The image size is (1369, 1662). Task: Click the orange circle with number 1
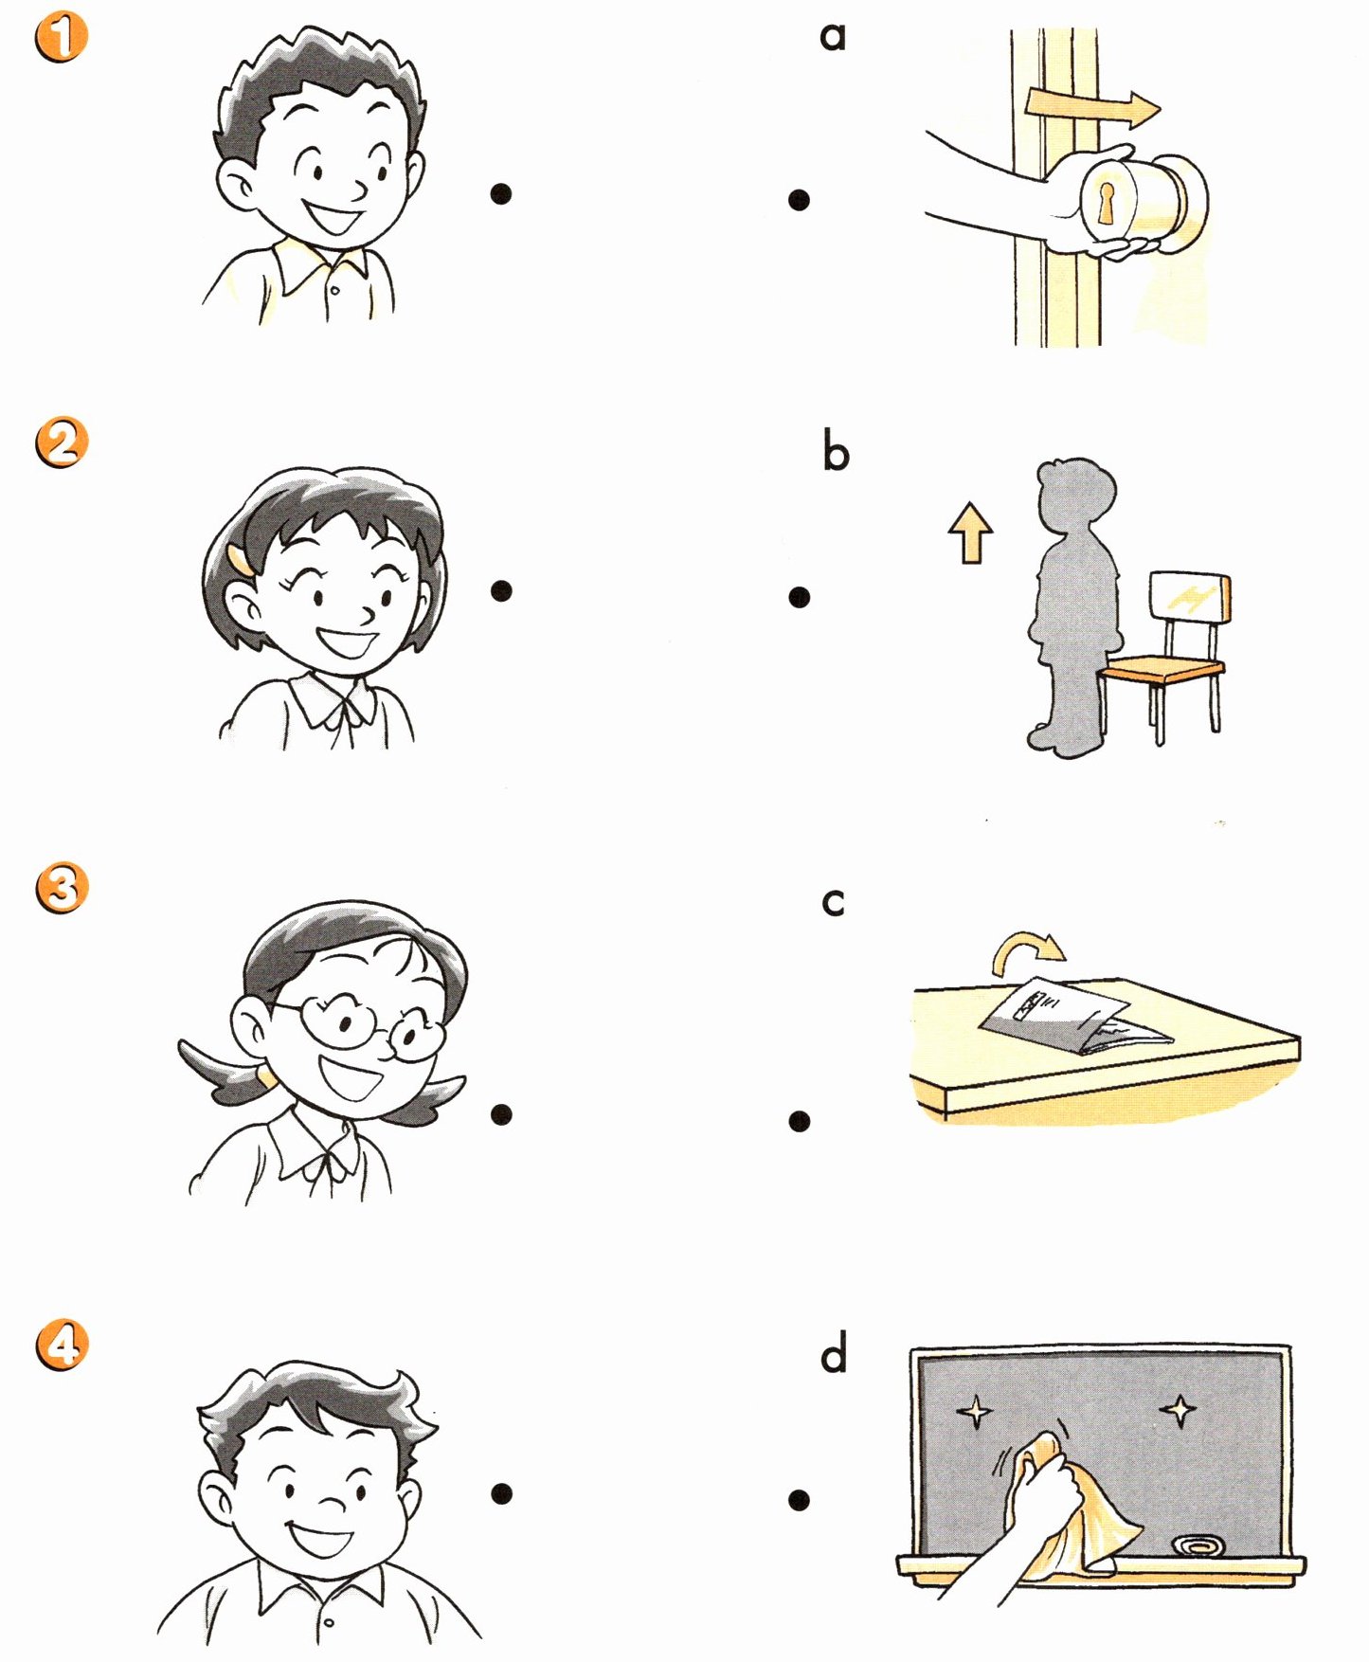tap(62, 38)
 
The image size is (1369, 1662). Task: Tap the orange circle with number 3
tap(62, 888)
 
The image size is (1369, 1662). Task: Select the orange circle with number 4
tap(62, 1345)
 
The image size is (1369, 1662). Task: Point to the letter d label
tap(834, 1353)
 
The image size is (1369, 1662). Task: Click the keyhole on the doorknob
tap(1106, 203)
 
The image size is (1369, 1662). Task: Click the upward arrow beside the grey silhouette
tap(971, 533)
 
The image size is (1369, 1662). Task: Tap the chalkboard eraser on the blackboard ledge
tap(1198, 1546)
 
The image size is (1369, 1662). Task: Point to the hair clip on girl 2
tap(241, 559)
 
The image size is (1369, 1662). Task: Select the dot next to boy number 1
tap(501, 194)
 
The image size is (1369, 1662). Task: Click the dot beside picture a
tap(799, 200)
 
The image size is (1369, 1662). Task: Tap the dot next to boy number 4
tap(501, 1493)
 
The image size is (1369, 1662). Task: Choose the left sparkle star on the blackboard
tap(974, 1413)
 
